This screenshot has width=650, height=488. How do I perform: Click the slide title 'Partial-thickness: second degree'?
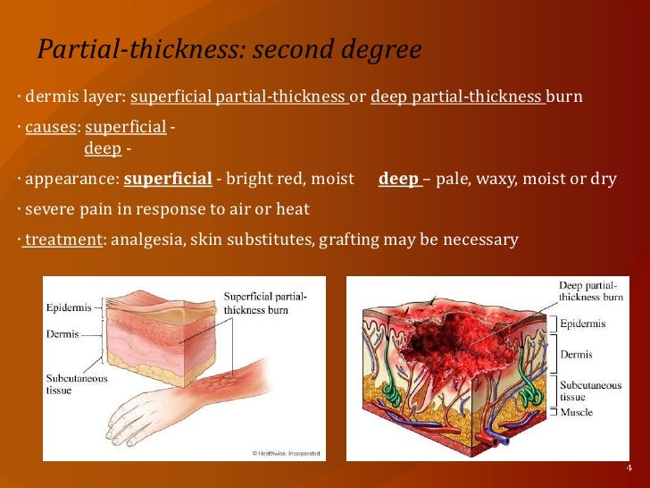click(x=229, y=51)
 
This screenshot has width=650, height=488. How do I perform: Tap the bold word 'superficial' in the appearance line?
click(x=168, y=179)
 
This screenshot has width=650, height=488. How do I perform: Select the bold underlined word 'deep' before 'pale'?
click(x=398, y=179)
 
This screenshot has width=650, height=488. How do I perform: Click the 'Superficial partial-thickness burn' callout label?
click(x=265, y=303)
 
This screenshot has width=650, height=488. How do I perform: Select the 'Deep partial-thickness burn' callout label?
click(x=590, y=290)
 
